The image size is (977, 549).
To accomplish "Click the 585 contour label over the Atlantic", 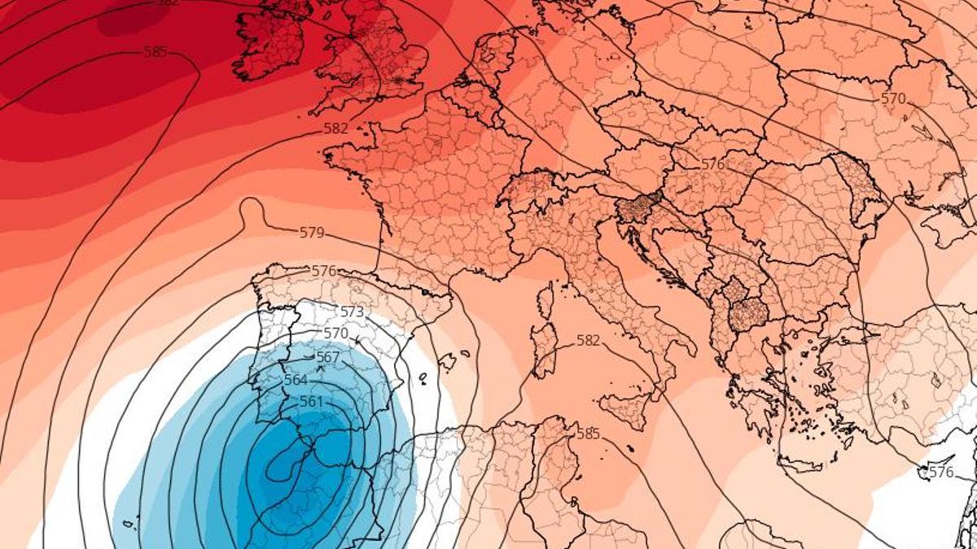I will coord(155,52).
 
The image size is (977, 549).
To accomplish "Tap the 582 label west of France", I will coord(335,129).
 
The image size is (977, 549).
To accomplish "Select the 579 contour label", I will coord(312,233).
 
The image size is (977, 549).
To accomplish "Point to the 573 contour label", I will coord(352,312).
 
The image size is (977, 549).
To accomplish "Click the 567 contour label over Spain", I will coord(327,357).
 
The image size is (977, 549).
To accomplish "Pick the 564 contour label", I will coord(296,380).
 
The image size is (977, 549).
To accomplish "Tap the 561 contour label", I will coord(311,402).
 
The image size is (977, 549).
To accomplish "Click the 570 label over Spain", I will coord(335,333).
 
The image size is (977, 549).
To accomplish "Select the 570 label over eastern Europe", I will coord(893,98).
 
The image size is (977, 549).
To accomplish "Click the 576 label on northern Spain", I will coord(324,271).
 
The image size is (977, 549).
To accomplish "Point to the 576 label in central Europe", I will coord(712,164).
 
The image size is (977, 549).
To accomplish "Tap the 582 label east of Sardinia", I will coord(588,341).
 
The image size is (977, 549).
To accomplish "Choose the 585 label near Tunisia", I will coord(588,434).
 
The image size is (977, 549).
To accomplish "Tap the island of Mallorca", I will coord(445,360).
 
